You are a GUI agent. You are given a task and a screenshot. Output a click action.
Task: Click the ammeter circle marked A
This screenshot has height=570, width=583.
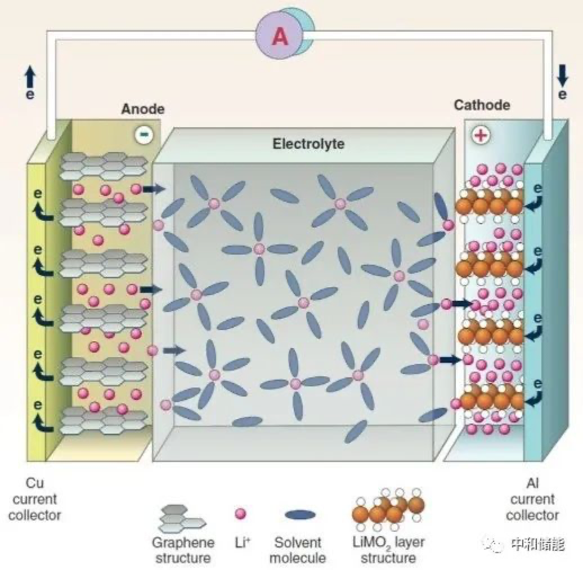(x=280, y=36)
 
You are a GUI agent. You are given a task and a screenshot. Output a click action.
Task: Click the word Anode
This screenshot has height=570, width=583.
(x=143, y=109)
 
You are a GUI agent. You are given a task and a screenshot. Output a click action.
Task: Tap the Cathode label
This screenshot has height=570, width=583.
(x=482, y=105)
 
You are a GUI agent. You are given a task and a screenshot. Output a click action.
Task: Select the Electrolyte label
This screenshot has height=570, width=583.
(x=308, y=144)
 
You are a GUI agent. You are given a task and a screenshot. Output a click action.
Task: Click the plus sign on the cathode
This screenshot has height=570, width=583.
(x=481, y=135)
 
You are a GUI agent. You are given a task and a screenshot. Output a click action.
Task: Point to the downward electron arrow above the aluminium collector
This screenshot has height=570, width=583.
(x=563, y=75)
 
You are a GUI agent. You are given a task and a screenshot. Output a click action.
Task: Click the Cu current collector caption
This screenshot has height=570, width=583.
(x=34, y=499)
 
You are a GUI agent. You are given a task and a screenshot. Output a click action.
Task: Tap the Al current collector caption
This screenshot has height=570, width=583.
(x=532, y=499)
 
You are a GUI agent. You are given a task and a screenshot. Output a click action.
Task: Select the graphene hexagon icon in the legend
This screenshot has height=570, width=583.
(x=182, y=519)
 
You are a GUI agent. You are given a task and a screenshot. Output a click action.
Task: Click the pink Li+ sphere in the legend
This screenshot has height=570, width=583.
(x=240, y=514)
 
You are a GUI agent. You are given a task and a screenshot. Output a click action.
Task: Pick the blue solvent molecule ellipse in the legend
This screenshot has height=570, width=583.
(x=300, y=515)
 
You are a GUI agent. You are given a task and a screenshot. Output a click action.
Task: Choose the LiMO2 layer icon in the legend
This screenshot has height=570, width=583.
(x=388, y=509)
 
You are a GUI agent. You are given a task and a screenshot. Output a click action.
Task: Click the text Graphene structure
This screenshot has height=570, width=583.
(x=183, y=550)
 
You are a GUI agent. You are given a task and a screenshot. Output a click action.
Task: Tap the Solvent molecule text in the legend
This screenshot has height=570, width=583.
(x=298, y=550)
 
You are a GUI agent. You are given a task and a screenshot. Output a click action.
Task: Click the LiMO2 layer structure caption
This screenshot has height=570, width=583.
(x=388, y=550)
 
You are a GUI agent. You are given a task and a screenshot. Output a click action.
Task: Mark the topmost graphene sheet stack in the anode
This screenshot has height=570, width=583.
(x=104, y=164)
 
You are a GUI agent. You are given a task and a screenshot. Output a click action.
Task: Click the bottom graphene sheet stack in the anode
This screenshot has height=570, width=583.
(x=104, y=420)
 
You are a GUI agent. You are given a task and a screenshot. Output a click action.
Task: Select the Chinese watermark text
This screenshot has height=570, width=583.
(x=537, y=545)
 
